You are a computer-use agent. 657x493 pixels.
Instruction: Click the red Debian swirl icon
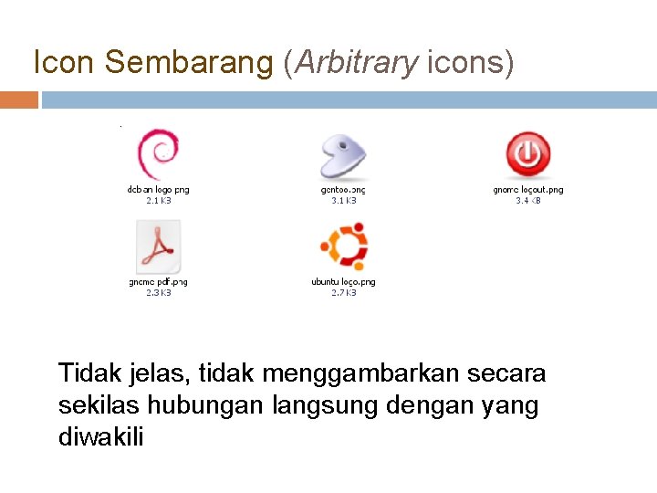(158, 154)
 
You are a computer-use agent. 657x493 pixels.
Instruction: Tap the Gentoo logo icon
(342, 155)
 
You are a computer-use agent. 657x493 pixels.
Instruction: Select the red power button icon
(527, 154)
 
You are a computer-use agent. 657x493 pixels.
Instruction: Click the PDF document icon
(158, 246)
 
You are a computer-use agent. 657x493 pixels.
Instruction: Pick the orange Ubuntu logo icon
(343, 246)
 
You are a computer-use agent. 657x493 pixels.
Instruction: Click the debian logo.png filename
(158, 190)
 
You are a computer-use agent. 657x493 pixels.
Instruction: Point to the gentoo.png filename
(343, 190)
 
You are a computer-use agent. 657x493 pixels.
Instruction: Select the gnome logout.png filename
(527, 190)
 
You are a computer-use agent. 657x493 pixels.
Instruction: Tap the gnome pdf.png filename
(158, 282)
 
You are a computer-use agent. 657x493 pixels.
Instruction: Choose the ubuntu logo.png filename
(343, 282)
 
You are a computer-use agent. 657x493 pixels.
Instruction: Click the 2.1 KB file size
(158, 200)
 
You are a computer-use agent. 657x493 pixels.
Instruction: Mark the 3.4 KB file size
(527, 200)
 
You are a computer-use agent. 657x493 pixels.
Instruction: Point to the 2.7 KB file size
(343, 292)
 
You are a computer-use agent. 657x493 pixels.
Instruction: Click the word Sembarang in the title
(188, 62)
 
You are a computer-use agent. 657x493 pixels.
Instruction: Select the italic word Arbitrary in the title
(354, 62)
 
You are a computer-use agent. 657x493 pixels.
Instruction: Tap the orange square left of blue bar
(19, 100)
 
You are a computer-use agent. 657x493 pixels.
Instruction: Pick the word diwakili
(100, 437)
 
